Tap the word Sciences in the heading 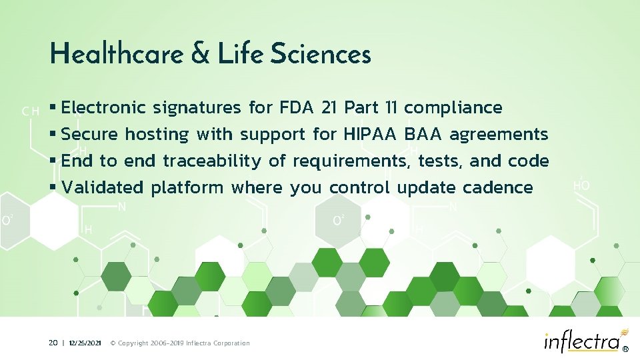tap(321, 54)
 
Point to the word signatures tap(197, 108)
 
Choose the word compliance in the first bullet tap(453, 108)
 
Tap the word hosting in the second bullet tap(157, 134)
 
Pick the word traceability tap(212, 161)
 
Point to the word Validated tap(102, 187)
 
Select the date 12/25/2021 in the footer tap(85, 343)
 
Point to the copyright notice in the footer tap(179, 343)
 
